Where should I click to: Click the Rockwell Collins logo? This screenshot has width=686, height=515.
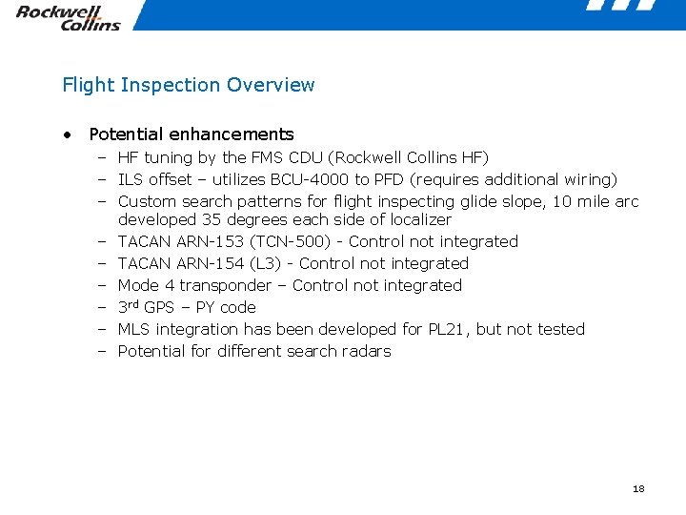click(x=68, y=17)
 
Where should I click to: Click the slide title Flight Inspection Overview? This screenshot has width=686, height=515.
click(x=188, y=85)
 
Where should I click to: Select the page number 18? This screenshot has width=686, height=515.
click(x=638, y=488)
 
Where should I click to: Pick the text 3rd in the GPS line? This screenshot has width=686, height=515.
click(x=128, y=307)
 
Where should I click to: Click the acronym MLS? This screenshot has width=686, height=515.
click(x=133, y=330)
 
